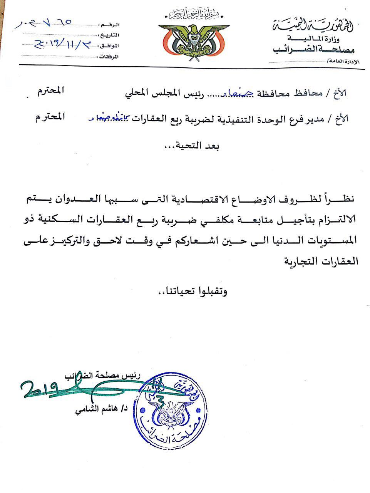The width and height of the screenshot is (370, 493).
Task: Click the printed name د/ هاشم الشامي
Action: coord(101,410)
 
